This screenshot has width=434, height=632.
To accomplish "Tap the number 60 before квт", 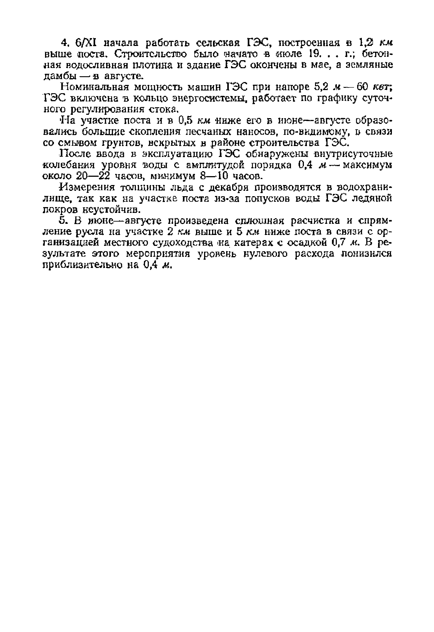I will (x=362, y=87).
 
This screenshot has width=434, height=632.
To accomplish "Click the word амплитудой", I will (x=217, y=165).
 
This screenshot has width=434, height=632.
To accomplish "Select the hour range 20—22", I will (x=92, y=177).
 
